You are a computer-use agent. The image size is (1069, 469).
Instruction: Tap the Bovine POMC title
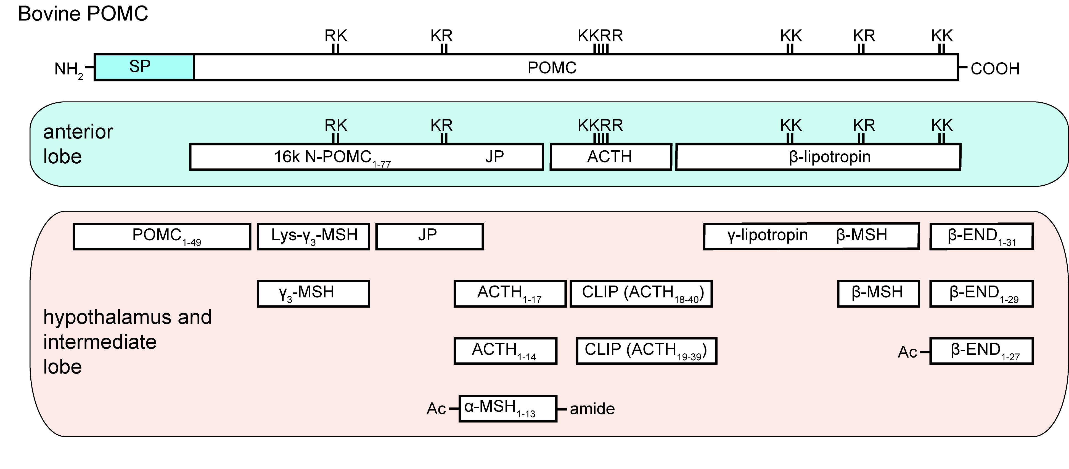tap(83, 14)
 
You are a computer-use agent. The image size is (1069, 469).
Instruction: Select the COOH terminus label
tap(995, 68)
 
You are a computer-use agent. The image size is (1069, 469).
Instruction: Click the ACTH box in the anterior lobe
tap(610, 157)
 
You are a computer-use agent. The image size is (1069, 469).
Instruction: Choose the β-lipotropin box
tap(818, 157)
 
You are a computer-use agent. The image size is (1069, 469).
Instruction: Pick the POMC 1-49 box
tap(162, 236)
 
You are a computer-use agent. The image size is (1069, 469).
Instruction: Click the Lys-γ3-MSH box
tap(313, 236)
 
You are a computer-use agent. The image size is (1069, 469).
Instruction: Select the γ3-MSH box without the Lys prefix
tap(313, 294)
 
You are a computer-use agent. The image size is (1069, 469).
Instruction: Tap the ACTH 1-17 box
tap(510, 294)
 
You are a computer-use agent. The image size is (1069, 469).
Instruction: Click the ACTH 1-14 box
tap(506, 351)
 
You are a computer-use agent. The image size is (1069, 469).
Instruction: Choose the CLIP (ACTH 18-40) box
tap(641, 294)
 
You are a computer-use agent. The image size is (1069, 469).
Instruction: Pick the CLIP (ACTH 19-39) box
tap(647, 351)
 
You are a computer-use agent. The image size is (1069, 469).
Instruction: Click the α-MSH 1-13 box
tap(508, 409)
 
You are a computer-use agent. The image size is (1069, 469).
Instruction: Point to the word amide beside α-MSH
tap(592, 409)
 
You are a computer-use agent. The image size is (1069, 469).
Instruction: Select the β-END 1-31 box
tap(981, 236)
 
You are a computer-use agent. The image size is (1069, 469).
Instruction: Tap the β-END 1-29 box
tap(981, 294)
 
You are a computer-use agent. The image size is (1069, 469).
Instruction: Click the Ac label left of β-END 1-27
tap(907, 352)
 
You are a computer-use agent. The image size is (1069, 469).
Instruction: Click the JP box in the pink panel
tap(430, 236)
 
